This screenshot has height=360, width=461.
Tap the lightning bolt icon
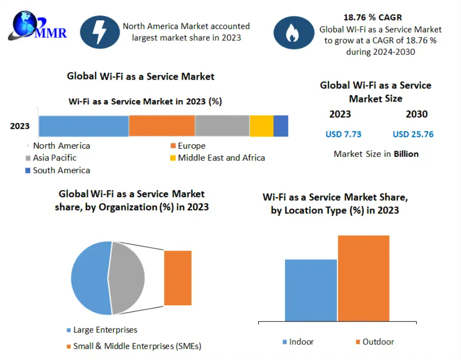pyautogui.click(x=99, y=32)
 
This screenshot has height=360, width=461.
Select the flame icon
pyautogui.click(x=293, y=33)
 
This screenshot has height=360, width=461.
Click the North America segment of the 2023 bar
pyautogui.click(x=84, y=126)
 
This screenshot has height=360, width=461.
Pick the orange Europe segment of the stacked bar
pyautogui.click(x=161, y=126)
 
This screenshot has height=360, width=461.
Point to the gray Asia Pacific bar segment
pyautogui.click(x=222, y=126)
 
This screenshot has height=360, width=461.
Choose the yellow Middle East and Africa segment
pyautogui.click(x=261, y=126)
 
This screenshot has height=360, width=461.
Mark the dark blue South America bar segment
pyautogui.click(x=281, y=126)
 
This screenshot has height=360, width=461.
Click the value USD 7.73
pyautogui.click(x=343, y=134)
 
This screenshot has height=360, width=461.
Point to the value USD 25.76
pyautogui.click(x=413, y=134)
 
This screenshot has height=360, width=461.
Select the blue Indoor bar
pyautogui.click(x=311, y=290)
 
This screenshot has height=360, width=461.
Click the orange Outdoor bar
pyautogui.click(x=363, y=278)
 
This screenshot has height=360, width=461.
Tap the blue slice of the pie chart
pyautogui.click(x=90, y=278)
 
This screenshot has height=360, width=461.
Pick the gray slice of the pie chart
pyautogui.click(x=127, y=278)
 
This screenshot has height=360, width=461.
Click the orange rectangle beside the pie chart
pyautogui.click(x=177, y=278)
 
